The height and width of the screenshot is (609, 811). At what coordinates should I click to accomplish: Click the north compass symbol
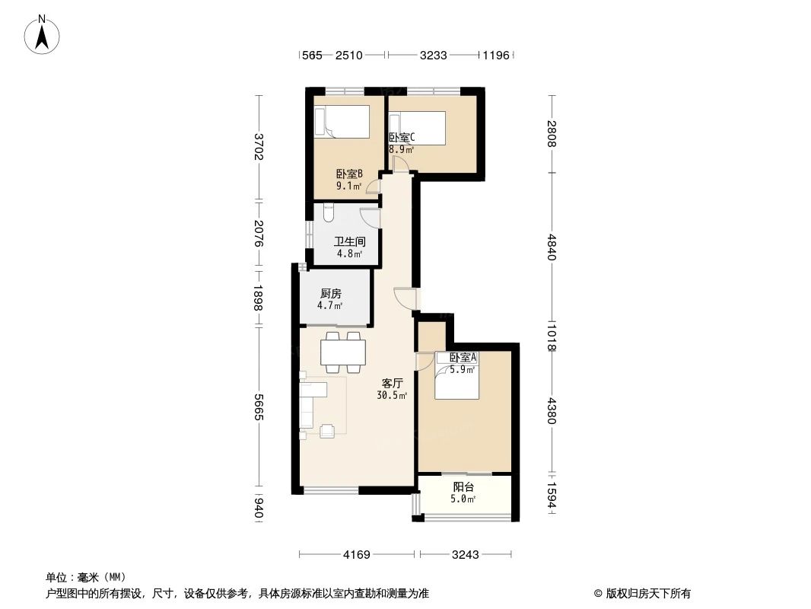click(x=43, y=34)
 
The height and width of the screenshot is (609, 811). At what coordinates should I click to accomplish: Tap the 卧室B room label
click(x=349, y=174)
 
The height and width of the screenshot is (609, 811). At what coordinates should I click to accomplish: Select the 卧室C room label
click(x=401, y=138)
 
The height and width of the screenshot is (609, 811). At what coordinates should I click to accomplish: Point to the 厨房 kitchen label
click(x=330, y=293)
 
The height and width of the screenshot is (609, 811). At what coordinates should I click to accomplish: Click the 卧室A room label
click(x=463, y=358)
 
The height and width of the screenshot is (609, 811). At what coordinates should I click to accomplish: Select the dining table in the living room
click(x=343, y=352)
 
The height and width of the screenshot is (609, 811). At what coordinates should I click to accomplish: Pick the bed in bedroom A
click(x=456, y=378)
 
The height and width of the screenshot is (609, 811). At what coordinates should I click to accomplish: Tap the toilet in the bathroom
click(x=328, y=213)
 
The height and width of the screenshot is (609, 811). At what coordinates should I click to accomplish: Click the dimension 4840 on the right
click(x=552, y=247)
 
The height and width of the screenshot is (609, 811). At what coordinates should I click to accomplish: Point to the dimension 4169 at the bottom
click(x=355, y=555)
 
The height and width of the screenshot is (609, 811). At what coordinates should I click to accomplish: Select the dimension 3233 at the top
click(x=433, y=55)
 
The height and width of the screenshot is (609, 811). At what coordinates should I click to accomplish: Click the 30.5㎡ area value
click(x=392, y=396)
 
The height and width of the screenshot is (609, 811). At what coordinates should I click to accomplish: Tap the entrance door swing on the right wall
click(x=406, y=298)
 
